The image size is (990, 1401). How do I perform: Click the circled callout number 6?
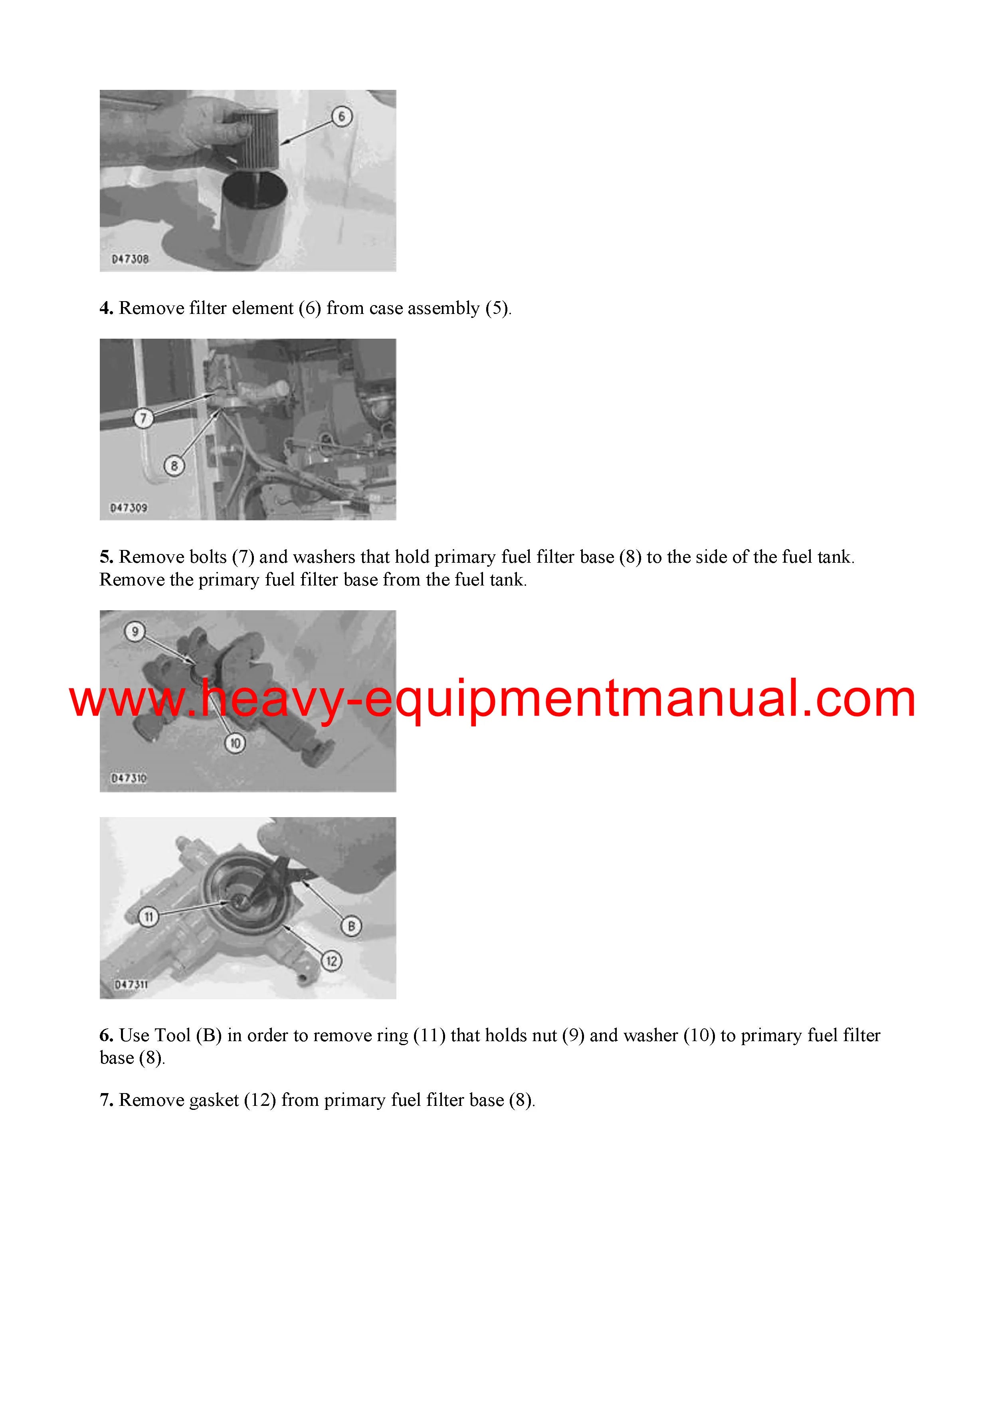pos(342,116)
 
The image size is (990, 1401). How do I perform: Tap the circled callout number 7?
pos(143,419)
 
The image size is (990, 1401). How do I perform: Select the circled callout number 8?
pos(174,466)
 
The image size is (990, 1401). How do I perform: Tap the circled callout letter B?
pos(351,926)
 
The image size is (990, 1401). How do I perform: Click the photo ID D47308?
pos(130,259)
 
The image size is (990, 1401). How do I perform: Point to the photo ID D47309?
pos(129,508)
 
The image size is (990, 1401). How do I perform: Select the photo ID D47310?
pos(129,779)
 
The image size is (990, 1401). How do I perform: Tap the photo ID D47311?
pos(131,985)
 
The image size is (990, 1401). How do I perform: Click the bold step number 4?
pos(106,308)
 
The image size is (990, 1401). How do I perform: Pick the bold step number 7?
pos(106,1100)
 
